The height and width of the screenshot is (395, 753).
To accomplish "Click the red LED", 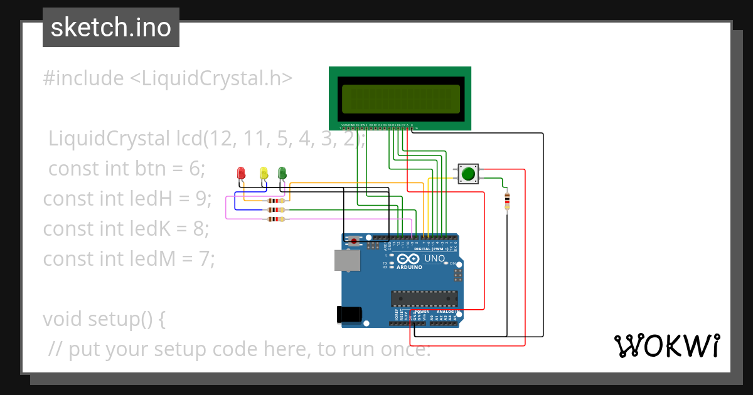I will click(x=241, y=172).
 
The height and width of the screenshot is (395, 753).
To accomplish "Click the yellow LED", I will click(x=264, y=172).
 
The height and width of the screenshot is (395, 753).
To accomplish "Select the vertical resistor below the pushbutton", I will click(x=507, y=201).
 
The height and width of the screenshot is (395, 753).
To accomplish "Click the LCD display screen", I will click(x=400, y=98).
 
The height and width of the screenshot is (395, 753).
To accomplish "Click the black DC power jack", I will click(x=350, y=314).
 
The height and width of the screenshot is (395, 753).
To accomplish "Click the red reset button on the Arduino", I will click(x=354, y=241).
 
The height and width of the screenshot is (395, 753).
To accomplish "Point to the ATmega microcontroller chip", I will click(x=424, y=298).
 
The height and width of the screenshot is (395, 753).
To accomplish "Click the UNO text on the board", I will click(x=435, y=258).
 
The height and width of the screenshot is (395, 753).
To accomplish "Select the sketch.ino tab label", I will click(x=111, y=28).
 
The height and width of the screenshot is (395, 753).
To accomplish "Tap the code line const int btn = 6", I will click(x=127, y=169).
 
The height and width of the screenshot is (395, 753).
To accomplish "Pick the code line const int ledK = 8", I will click(x=126, y=229).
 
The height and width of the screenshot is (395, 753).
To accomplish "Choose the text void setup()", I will click(x=104, y=319).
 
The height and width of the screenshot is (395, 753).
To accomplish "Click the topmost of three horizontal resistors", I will click(x=275, y=201).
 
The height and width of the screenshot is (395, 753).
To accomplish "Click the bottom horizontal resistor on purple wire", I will click(x=275, y=219).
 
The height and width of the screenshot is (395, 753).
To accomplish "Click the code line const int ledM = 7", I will click(x=129, y=258).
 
